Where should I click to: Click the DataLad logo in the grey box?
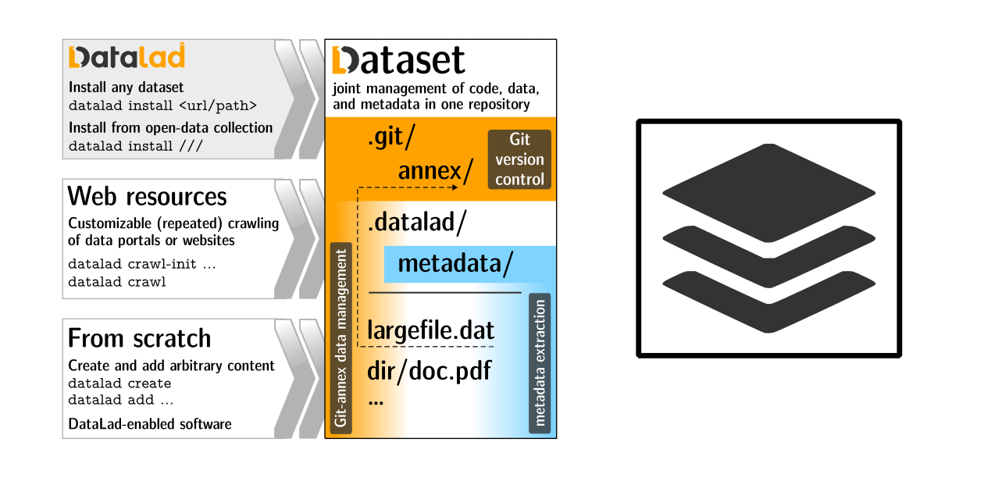[127, 57]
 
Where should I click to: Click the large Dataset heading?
[398, 61]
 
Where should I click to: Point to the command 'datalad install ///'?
[131, 146]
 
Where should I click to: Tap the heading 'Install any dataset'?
[127, 87]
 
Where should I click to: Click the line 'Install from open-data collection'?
[170, 127]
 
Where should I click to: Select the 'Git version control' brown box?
[519, 159]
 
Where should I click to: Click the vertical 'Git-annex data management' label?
[341, 338]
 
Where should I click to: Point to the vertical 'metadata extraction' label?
[540, 363]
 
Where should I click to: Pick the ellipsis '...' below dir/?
[376, 401]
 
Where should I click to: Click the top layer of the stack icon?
[768, 192]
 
